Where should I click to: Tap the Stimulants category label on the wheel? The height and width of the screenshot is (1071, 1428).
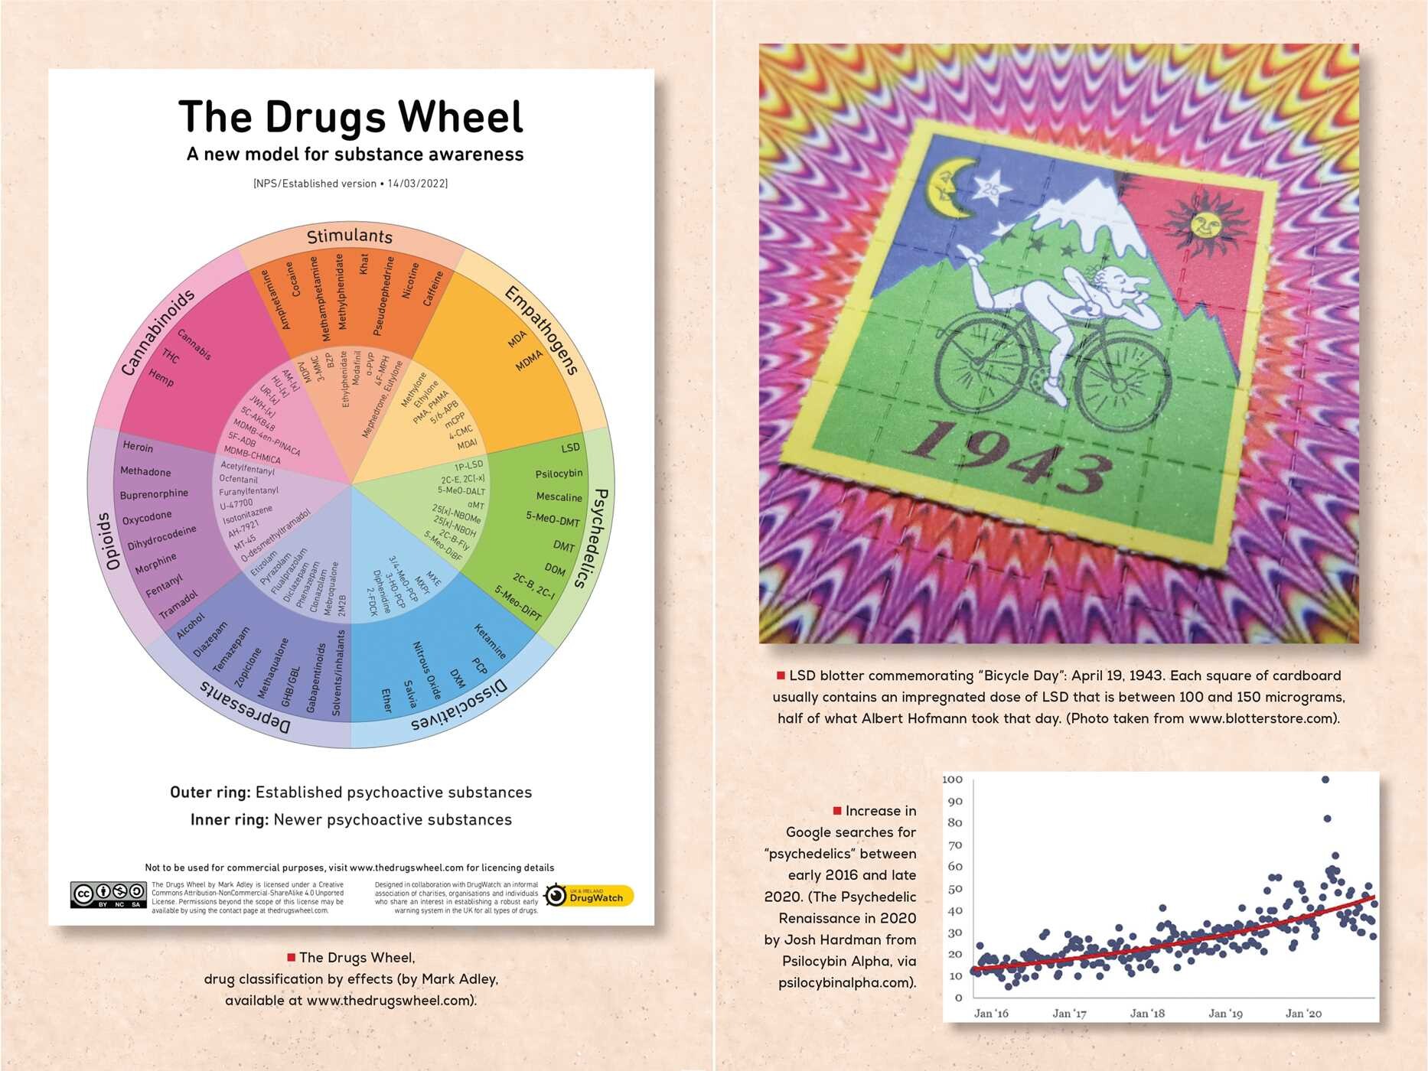[350, 236]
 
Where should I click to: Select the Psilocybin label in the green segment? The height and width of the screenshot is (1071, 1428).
[559, 474]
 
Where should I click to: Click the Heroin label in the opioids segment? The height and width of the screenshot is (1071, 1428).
[138, 447]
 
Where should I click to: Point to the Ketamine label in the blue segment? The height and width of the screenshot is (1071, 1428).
[490, 641]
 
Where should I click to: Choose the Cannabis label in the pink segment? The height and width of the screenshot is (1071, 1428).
[194, 344]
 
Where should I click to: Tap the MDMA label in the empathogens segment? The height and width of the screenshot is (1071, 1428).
[529, 360]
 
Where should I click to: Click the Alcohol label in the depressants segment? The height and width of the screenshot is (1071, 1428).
[191, 626]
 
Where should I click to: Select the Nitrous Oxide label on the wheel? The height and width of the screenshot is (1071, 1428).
[427, 670]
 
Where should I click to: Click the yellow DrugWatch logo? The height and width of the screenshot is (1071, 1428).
[589, 895]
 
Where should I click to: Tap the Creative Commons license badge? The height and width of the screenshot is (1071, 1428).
[108, 894]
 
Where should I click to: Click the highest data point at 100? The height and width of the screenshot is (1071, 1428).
[1325, 780]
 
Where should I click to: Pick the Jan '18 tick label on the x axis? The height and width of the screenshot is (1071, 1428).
[1147, 1014]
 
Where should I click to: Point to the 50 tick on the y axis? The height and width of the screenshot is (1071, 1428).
[955, 889]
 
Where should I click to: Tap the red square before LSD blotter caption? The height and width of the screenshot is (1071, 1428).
[781, 675]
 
